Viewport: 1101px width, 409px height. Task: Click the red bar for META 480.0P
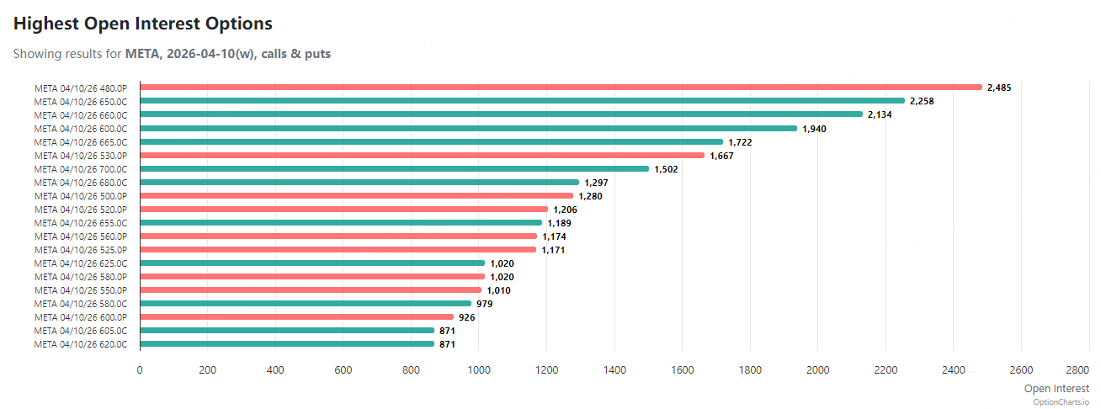(561, 88)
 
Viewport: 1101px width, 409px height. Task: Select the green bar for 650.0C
(522, 101)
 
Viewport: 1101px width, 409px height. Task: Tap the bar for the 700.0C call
(394, 169)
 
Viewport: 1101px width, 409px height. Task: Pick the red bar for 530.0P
(422, 156)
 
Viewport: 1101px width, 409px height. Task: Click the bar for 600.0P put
(296, 317)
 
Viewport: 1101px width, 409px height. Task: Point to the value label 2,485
(1000, 88)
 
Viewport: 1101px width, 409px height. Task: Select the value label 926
(467, 317)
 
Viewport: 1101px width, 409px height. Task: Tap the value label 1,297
(596, 183)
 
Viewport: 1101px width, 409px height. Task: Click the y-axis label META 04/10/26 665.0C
(81, 142)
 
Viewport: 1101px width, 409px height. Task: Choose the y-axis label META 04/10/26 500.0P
(81, 196)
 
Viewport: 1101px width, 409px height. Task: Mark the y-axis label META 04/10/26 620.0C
(81, 344)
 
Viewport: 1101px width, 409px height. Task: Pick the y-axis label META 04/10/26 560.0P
(81, 236)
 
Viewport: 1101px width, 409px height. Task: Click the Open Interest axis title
(1056, 388)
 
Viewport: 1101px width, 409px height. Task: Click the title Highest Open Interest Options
(143, 24)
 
